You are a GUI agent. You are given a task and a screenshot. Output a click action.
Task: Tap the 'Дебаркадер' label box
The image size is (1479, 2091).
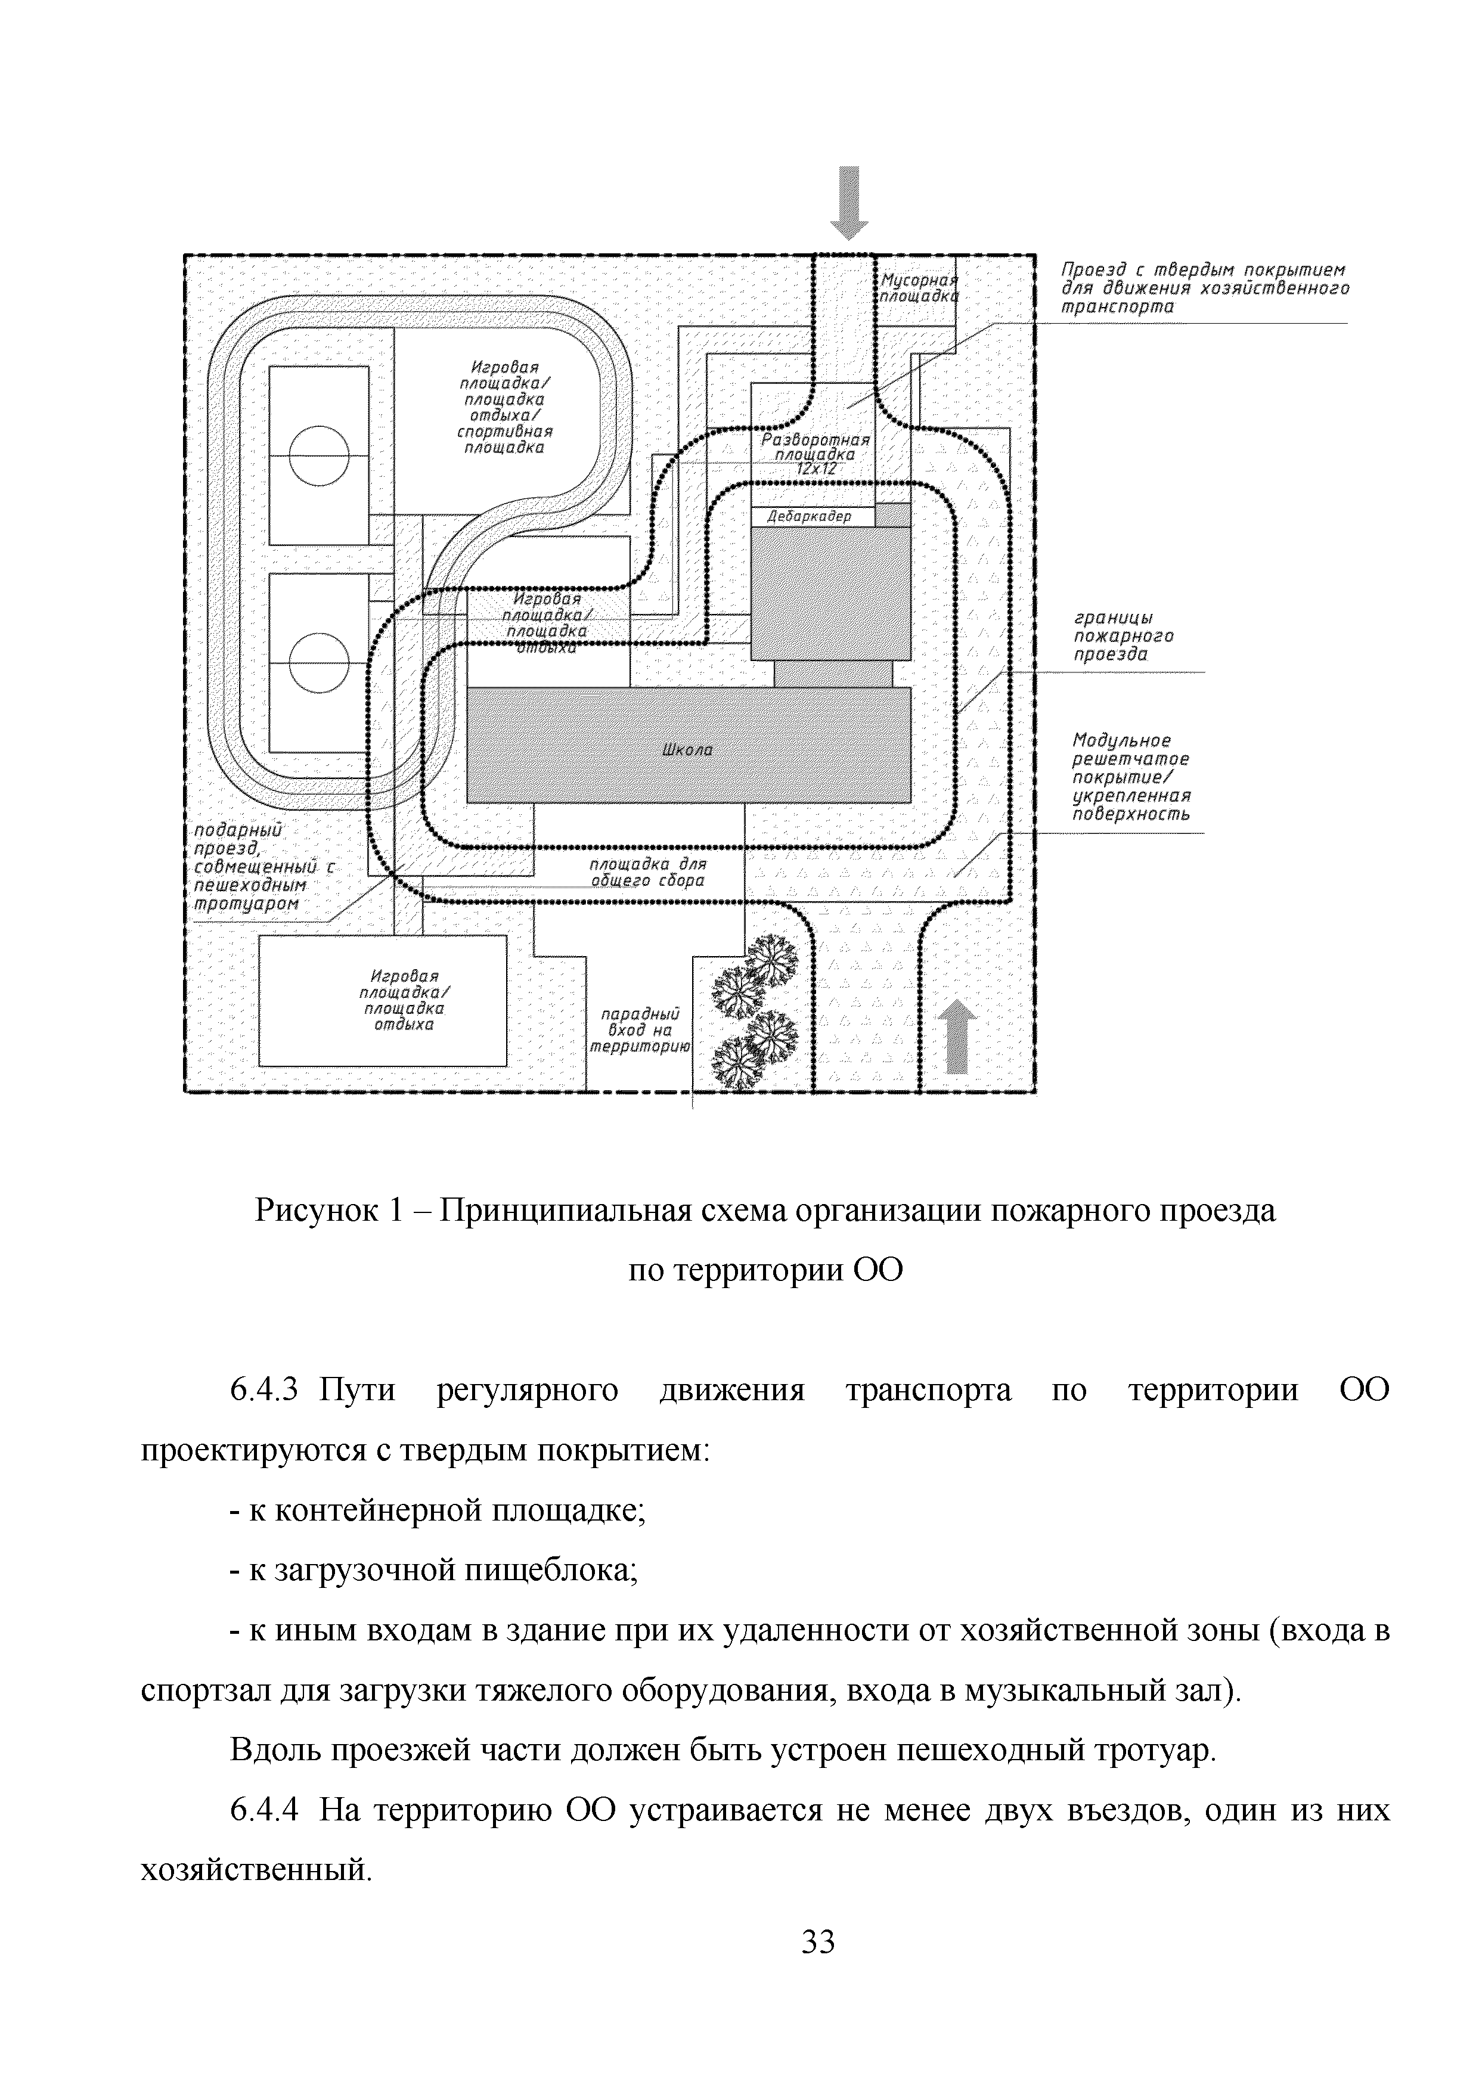(x=809, y=516)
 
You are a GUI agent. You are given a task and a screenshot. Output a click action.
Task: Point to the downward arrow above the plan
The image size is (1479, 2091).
(x=849, y=202)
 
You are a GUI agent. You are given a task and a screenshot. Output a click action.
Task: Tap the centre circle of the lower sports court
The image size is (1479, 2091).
(x=319, y=663)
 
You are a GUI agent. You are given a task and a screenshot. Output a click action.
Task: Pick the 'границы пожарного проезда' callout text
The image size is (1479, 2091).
(x=1122, y=635)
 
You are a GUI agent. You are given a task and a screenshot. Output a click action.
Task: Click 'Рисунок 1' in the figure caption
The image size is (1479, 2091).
(x=328, y=1211)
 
